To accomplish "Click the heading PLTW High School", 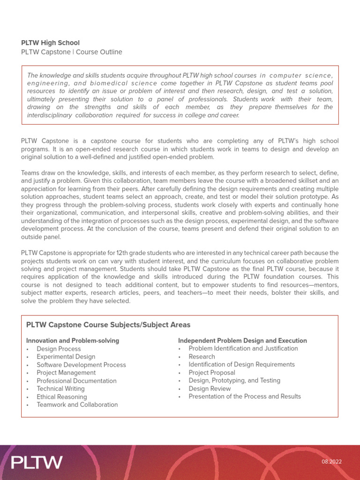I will (50, 43).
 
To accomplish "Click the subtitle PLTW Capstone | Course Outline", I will (71, 52).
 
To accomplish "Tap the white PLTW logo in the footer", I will (37, 462).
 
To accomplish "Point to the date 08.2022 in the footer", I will (331, 462).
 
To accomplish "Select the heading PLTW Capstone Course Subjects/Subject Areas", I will (108, 325).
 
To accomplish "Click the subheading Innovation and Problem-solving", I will (73, 341).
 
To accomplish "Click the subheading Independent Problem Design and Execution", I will (242, 341).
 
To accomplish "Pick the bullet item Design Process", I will (59, 349).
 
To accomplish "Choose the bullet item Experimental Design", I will (66, 357).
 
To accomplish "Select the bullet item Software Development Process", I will (81, 365).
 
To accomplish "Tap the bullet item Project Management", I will (66, 373).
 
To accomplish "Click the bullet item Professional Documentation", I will (76, 381).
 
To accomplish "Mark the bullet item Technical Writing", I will (60, 389).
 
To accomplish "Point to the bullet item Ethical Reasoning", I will (61, 397).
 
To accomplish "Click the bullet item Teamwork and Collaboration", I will (77, 405).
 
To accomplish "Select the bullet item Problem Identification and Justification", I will (243, 348).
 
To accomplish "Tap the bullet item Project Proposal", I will (211, 373).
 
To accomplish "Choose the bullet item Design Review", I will (210, 389).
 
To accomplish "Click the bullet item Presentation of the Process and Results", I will (244, 397).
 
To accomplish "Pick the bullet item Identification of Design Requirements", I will (241, 364).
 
